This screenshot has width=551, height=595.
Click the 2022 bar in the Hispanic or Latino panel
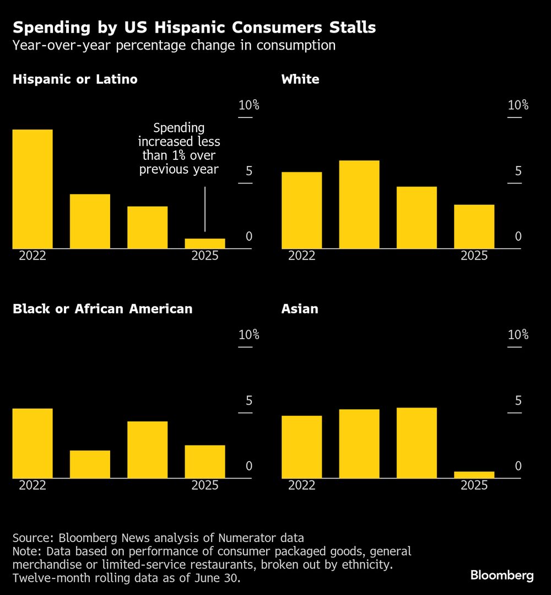33,189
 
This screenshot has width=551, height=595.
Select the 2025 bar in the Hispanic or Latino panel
205,243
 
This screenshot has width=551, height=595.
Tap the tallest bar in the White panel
359,204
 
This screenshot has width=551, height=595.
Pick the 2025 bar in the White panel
474,226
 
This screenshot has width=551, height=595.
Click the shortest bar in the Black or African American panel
90,464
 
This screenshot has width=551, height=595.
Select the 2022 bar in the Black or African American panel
33,443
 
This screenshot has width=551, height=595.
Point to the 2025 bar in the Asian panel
474,474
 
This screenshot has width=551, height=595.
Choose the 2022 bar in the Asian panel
301,447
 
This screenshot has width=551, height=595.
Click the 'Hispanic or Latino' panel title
75,79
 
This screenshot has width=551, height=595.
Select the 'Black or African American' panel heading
102,309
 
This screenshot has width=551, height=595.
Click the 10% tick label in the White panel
518,105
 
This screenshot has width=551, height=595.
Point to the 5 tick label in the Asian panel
518,400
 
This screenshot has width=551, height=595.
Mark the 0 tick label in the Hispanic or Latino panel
249,237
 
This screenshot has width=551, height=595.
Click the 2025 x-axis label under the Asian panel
474,485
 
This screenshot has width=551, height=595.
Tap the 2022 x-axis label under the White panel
301,256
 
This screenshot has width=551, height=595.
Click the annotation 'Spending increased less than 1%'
179,148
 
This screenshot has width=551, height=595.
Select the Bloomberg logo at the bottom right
502,576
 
